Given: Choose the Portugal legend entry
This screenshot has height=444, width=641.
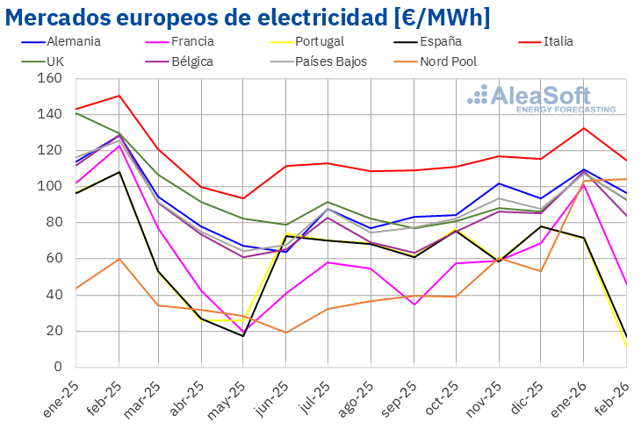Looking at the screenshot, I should pyautogui.click(x=319, y=41).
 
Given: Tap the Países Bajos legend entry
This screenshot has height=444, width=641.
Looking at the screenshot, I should pyautogui.click(x=330, y=61).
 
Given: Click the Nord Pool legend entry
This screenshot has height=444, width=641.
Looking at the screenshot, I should pyautogui.click(x=450, y=61).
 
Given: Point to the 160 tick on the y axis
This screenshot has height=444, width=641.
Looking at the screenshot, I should pyautogui.click(x=50, y=78).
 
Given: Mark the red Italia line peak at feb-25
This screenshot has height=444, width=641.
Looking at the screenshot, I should pyautogui.click(x=119, y=96).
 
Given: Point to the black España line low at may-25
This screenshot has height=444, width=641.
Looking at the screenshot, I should pyautogui.click(x=244, y=336).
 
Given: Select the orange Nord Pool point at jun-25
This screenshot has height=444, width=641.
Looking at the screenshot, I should pyautogui.click(x=286, y=333).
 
